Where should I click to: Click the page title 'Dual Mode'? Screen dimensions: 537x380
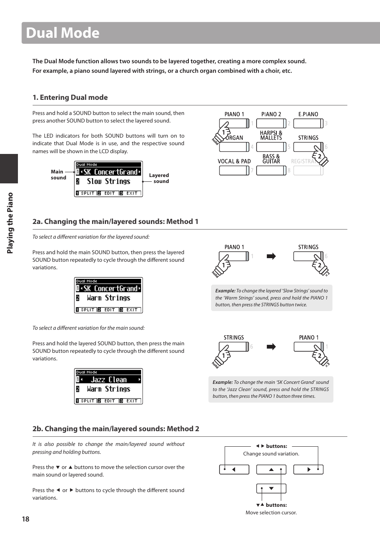(63, 33)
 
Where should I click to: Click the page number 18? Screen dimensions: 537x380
(25, 519)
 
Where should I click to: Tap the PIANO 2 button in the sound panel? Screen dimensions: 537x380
(271, 123)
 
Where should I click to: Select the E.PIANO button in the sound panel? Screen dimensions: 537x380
(308, 123)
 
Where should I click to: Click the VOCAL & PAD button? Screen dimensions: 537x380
(234, 170)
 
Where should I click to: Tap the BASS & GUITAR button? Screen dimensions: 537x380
(271, 170)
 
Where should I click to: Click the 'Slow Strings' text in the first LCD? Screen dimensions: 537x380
(108, 181)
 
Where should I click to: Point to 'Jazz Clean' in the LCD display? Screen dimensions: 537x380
(108, 379)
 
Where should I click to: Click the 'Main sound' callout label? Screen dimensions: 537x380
(58, 175)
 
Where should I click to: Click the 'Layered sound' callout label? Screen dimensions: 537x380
(159, 178)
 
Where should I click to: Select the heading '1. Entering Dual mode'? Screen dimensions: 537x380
(70, 97)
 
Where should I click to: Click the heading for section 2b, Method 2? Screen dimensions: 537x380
(116, 429)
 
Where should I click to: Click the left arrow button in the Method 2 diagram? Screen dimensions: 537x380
(234, 469)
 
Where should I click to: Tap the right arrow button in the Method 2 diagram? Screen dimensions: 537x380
(308, 469)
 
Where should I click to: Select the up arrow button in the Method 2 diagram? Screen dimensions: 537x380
(271, 469)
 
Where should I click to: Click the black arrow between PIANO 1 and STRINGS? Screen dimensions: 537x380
(271, 256)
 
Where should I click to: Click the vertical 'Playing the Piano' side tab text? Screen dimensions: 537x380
(10, 223)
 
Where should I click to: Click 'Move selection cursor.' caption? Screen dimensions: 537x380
(271, 513)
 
